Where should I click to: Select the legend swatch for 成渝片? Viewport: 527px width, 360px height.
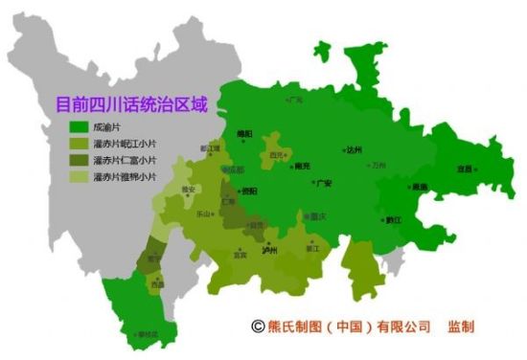[76, 125]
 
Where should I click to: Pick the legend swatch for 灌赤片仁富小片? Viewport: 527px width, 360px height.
[76, 160]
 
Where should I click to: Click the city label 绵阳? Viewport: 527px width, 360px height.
[244, 134]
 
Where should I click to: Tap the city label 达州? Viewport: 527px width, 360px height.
[355, 150]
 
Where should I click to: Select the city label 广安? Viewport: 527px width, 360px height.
[323, 184]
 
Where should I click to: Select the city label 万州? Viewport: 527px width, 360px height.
[379, 166]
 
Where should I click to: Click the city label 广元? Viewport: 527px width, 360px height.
[295, 99]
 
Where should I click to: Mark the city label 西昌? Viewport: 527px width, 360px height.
[157, 284]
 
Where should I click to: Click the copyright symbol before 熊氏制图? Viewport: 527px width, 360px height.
[257, 326]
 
